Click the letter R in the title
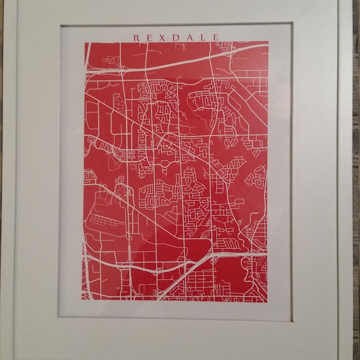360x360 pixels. (136, 37)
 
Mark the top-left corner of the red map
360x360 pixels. (85, 43)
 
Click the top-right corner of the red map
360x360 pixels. (268, 42)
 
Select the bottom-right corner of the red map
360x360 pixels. (268, 301)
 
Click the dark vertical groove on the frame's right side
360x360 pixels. (337, 180)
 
